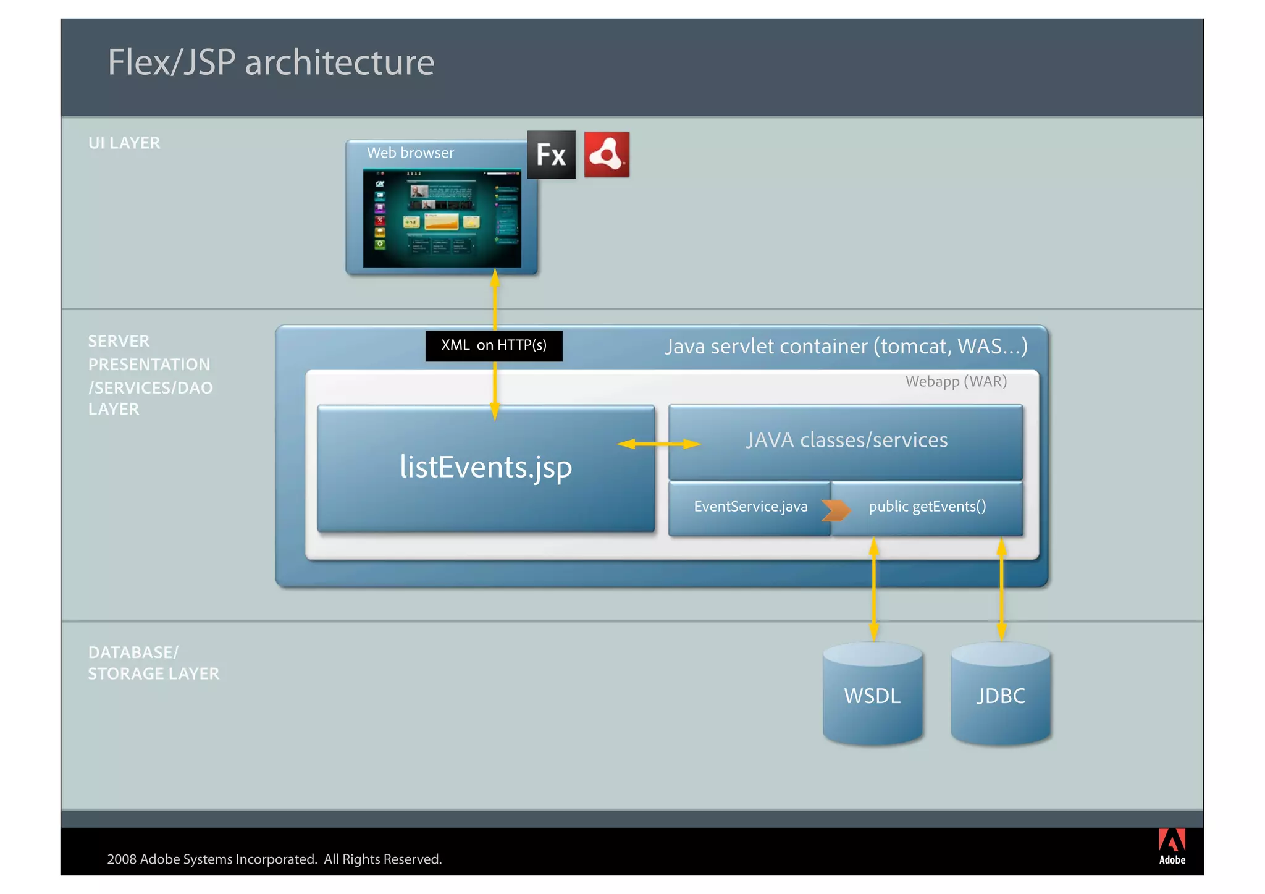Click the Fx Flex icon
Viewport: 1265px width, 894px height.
(x=551, y=154)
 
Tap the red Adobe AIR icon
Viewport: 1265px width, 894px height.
(x=607, y=154)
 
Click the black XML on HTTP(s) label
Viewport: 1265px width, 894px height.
(x=494, y=345)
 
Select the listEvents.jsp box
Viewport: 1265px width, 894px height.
(x=485, y=468)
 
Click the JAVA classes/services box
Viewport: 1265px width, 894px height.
(x=846, y=441)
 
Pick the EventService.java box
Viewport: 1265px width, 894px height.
(x=750, y=507)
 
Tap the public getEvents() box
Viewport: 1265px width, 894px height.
(x=927, y=507)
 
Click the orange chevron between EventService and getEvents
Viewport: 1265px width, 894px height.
(x=836, y=510)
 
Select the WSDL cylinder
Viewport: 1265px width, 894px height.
(x=872, y=696)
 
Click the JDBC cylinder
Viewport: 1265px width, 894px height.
(x=1000, y=696)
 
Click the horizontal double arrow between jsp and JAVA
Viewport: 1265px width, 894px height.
(x=658, y=444)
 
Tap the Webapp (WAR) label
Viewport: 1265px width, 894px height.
(x=956, y=382)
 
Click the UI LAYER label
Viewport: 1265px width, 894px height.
(x=124, y=143)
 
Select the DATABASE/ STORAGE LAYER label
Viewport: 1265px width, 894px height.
(x=153, y=663)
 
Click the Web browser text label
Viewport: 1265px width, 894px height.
(x=410, y=153)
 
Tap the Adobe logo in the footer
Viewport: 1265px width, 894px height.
(x=1171, y=846)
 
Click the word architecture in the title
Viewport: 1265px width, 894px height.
(x=339, y=63)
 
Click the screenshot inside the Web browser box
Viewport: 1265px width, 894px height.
(x=442, y=218)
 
